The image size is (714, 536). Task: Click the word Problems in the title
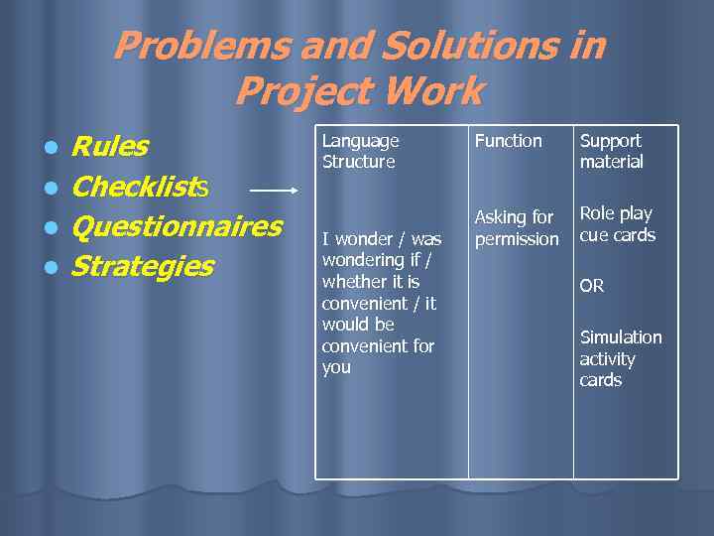coord(188,47)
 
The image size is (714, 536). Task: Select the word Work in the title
coord(435,92)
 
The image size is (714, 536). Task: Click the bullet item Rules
coord(110,147)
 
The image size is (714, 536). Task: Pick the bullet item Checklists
coord(139,187)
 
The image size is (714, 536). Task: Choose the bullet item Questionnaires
coord(178,226)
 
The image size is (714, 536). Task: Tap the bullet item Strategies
coord(143,266)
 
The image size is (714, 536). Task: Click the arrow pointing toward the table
coord(273,188)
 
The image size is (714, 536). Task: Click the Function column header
coord(508,141)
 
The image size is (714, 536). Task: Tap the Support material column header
coord(611,151)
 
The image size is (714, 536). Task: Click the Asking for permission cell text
coord(516,227)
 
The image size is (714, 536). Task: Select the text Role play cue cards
coord(617,224)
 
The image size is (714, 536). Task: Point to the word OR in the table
coord(592,286)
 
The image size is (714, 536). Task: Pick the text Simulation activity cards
coord(620,358)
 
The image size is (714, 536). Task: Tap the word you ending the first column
coord(336,367)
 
